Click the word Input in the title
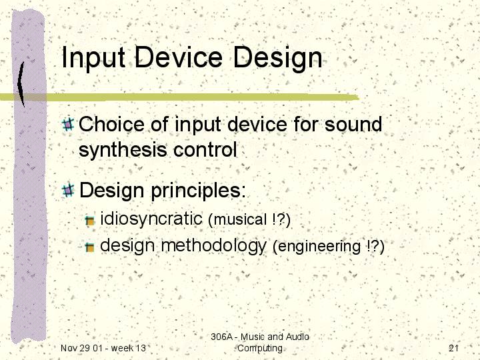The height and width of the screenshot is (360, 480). tap(93, 57)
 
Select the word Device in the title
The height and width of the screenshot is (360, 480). tap(179, 57)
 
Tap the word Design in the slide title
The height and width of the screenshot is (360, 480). tap(278, 58)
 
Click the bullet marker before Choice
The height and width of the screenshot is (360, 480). tap(68, 124)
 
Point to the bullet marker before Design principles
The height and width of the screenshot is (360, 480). tap(68, 190)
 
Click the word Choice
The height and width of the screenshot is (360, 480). tap(111, 124)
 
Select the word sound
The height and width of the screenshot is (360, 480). tap(353, 124)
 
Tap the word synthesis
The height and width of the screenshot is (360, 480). tap(123, 150)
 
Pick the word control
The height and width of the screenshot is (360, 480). tap(205, 149)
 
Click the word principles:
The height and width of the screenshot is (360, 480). tap(199, 191)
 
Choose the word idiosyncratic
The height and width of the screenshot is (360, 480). tap(151, 219)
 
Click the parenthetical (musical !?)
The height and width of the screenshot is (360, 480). tap(249, 220)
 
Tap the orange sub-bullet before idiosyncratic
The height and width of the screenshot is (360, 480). tap(90, 221)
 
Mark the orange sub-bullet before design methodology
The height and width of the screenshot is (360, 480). tap(90, 247)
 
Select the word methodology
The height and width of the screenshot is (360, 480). tap(214, 246)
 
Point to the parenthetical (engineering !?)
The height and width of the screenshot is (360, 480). tap(328, 247)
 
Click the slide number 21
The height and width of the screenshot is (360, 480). tap(454, 348)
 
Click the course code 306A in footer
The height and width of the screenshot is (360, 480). tap(221, 337)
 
